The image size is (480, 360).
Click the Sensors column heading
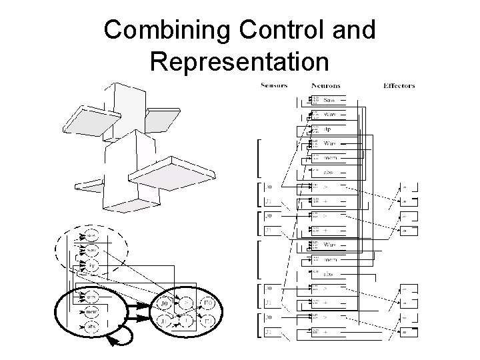coord(274,85)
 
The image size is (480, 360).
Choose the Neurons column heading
coord(326,85)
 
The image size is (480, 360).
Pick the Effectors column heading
coord(400,85)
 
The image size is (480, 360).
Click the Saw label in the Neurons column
coord(329,100)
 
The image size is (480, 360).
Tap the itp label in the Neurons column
coord(328,129)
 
